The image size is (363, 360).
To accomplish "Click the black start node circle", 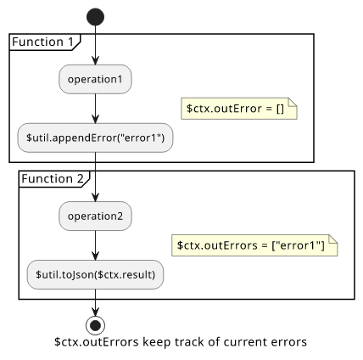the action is tap(95, 17).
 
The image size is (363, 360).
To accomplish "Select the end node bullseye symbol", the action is tap(95, 325).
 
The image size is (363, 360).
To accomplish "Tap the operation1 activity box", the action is tap(95, 79).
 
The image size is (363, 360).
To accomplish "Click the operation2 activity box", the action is tap(95, 216).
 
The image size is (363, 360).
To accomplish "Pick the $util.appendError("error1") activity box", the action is tap(95, 138).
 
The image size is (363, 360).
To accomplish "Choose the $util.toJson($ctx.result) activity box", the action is tap(95, 274).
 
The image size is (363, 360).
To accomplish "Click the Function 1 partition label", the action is tap(42, 42).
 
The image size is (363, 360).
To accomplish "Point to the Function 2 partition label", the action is tap(53, 179).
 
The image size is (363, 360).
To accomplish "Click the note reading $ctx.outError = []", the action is tap(239, 109).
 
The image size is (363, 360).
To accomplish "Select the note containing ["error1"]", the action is tap(254, 245).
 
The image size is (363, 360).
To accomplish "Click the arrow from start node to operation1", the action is tap(95, 45).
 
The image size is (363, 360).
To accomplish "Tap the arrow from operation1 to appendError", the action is tap(95, 109).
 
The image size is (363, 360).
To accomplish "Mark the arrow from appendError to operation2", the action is tap(95, 177).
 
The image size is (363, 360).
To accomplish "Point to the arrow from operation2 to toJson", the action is tap(95, 245).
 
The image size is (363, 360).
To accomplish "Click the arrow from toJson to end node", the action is tap(95, 302).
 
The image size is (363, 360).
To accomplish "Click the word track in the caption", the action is tap(189, 342).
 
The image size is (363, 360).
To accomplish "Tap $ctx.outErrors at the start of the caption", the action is tap(97, 342).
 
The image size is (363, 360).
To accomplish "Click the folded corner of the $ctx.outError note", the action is tap(293, 102).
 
